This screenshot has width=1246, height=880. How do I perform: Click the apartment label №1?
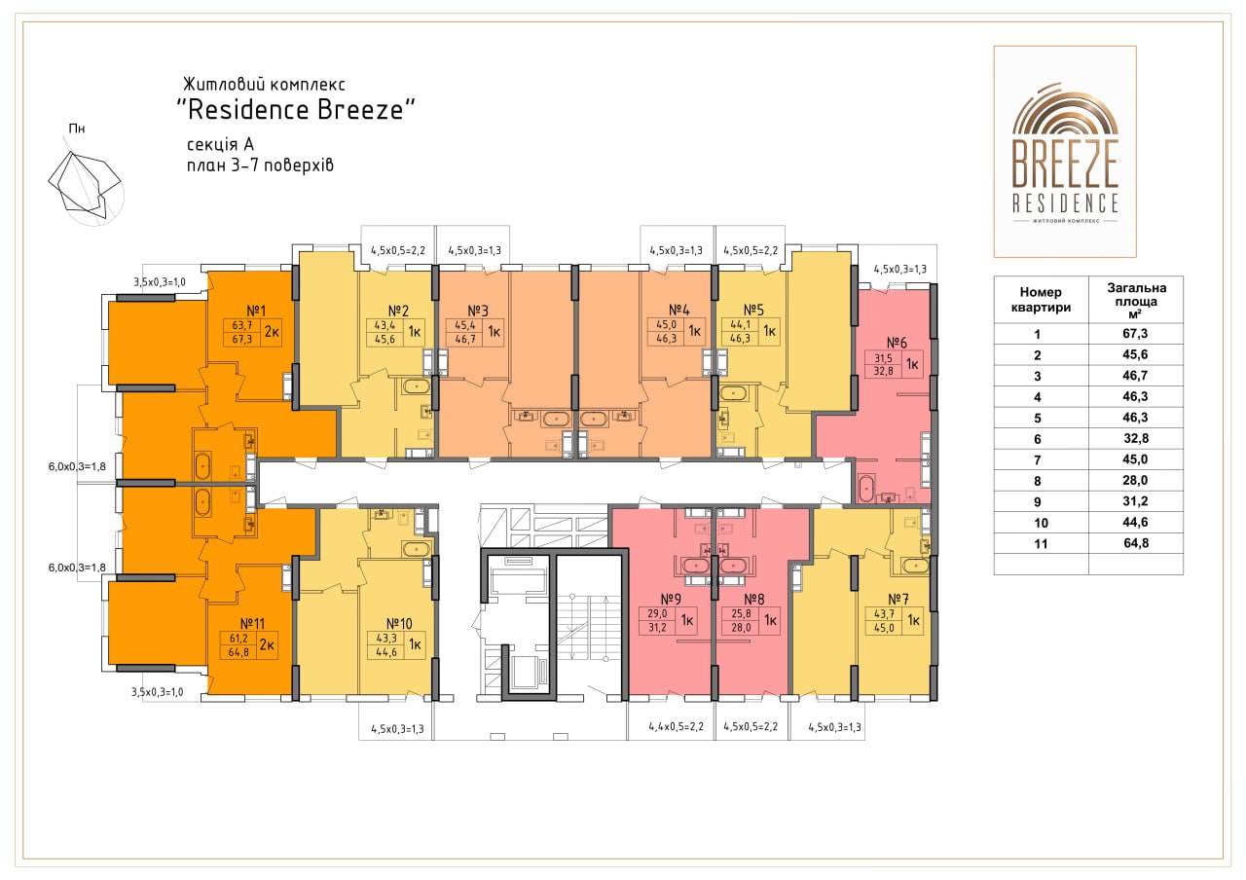point(256,310)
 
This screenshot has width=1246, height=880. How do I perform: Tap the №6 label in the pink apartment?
point(897,343)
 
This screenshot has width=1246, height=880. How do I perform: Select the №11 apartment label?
point(252,624)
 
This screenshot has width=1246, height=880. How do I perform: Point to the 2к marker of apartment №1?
point(272,332)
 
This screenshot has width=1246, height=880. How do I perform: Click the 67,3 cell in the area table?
point(1135,333)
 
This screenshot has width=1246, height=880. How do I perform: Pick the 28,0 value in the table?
point(1135,480)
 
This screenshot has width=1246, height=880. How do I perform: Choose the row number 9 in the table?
point(1038,501)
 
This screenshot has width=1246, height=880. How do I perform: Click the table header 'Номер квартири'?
point(1041,300)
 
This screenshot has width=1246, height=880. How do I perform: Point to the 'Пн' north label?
point(77,128)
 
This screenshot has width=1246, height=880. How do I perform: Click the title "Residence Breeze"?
point(296,110)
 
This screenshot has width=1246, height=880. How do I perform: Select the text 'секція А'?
point(220,145)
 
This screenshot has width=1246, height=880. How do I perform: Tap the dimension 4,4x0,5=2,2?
point(676,726)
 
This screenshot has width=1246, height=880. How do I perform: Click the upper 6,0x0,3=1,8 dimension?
point(77,466)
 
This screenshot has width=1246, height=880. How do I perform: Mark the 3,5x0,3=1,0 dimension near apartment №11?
point(158,692)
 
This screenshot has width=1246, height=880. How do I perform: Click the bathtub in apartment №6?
point(867,489)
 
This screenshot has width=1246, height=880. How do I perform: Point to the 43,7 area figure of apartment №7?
point(883,614)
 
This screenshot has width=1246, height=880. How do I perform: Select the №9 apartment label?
point(671,599)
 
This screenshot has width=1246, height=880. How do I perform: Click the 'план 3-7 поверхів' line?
point(260,165)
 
